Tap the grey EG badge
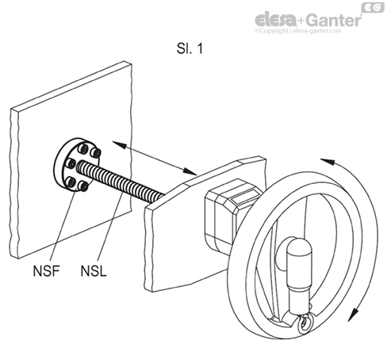point(371,7)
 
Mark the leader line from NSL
point(110,225)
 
